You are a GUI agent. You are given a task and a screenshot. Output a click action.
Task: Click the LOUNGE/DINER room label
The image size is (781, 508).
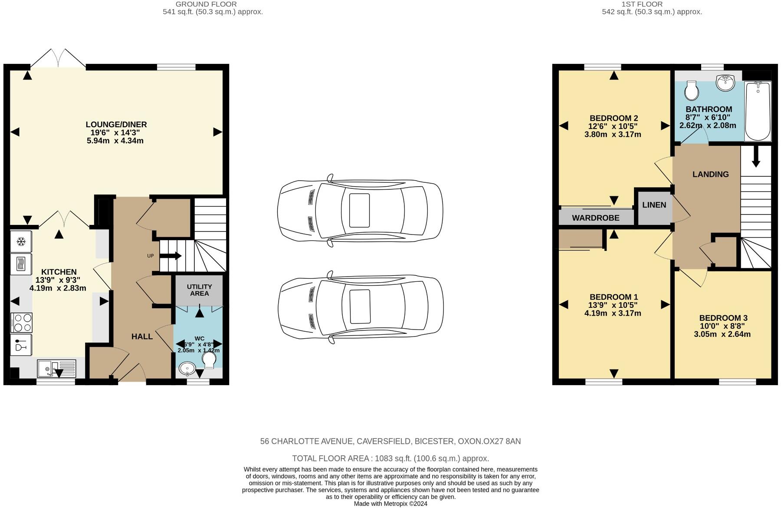pyautogui.click(x=116, y=125)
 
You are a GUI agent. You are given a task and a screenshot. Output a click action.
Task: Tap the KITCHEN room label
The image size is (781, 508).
pyautogui.click(x=59, y=272)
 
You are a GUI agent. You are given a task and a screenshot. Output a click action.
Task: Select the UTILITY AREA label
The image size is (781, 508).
pyautogui.click(x=199, y=290)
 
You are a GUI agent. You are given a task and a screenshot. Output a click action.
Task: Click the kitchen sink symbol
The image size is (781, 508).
pyautogui.click(x=56, y=369)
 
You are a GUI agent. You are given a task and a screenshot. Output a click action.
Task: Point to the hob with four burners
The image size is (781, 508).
pyautogui.click(x=21, y=323)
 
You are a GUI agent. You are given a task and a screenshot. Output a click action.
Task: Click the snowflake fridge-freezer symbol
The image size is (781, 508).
pyautogui.click(x=21, y=242)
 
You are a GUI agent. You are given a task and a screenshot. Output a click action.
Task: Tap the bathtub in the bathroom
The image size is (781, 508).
pyautogui.click(x=758, y=111)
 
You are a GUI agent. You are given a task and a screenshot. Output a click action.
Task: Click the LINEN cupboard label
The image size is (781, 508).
pyautogui.click(x=654, y=205)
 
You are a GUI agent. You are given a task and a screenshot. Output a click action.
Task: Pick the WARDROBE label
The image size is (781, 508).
pyautogui.click(x=595, y=218)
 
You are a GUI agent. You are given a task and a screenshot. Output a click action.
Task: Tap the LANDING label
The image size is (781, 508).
pyautogui.click(x=710, y=174)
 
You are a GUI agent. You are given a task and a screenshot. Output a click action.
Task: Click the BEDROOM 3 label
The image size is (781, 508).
pyautogui.click(x=723, y=318)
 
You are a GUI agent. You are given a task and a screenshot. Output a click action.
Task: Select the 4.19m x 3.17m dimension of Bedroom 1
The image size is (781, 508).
pyautogui.click(x=612, y=313)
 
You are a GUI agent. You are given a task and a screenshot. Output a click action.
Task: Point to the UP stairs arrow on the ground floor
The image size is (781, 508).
pyautogui.click(x=171, y=256)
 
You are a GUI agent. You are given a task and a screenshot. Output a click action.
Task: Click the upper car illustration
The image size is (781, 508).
pyautogui.click(x=360, y=211)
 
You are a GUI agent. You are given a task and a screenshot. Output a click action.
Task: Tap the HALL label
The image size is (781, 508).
pyautogui.click(x=142, y=336)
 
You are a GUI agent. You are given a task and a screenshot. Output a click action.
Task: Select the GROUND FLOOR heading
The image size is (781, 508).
pyautogui.click(x=206, y=4)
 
